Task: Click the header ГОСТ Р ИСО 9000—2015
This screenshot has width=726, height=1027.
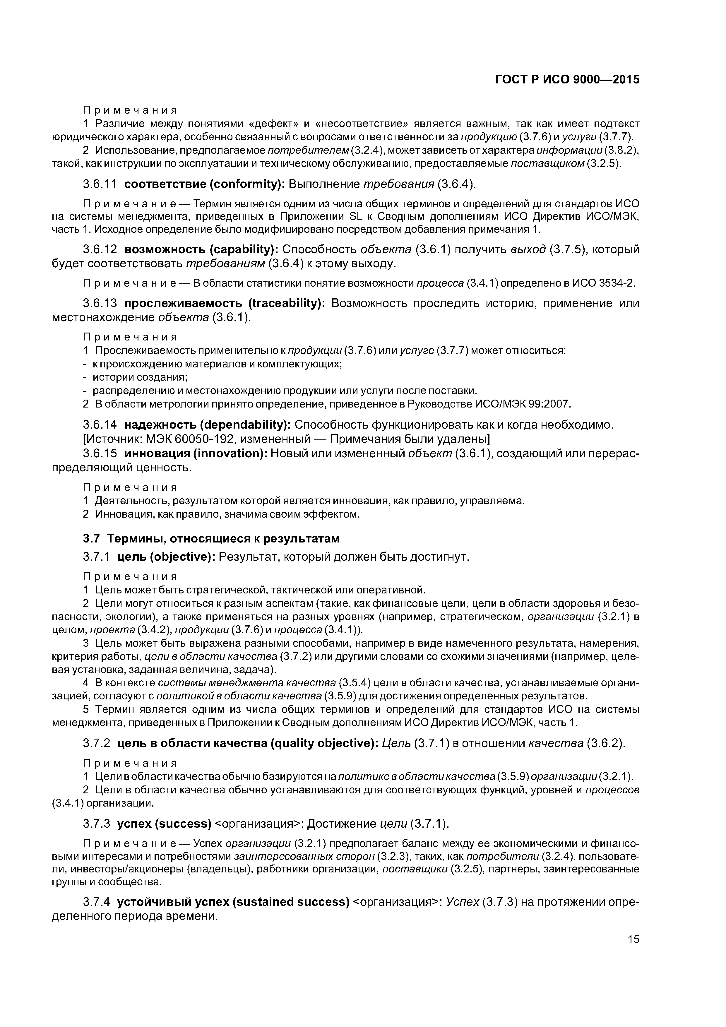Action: pos(567,80)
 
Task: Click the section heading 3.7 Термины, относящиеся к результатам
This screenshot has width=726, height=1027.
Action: pos(211,539)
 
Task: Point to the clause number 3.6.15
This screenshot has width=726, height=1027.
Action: pos(100,453)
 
